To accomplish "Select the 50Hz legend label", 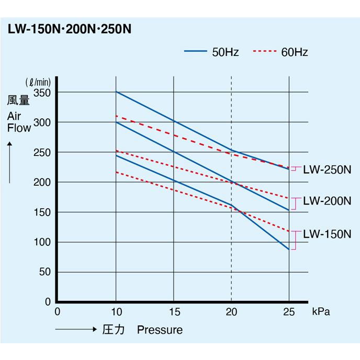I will tap(226, 52).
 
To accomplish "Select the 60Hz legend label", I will tap(294, 52).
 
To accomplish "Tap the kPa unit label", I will tap(321, 312).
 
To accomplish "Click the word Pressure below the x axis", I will tap(160, 330).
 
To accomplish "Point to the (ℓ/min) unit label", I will tap(38, 82).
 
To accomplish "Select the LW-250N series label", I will tap(327, 170).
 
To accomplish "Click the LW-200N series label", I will tap(327, 201).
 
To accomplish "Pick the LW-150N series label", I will tap(327, 233).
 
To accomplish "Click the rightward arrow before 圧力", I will tap(73, 330).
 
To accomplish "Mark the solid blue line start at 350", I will tap(116, 92).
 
